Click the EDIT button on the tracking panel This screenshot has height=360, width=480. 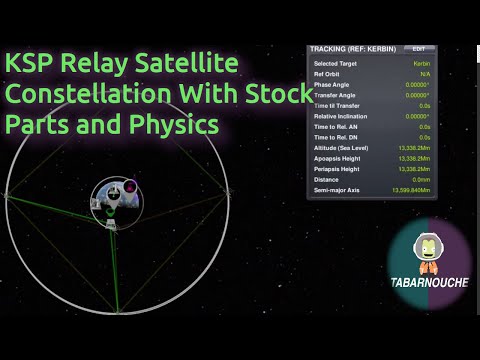pos(419,48)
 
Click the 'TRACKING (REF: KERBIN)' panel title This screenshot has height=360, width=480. pos(350,48)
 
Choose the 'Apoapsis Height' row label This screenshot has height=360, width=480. pos(340,158)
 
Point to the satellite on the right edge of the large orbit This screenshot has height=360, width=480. pos(232,190)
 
